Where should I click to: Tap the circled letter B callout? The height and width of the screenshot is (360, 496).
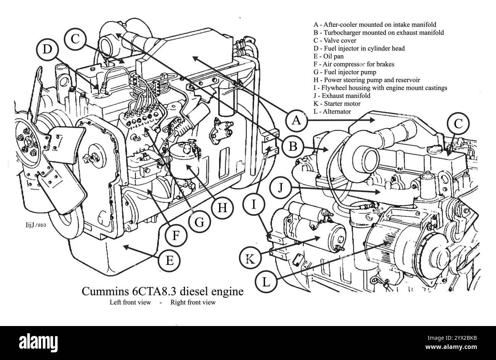coord(292,147)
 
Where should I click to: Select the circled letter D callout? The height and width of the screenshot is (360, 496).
coord(47,49)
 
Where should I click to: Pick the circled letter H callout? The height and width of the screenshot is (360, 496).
coord(222,208)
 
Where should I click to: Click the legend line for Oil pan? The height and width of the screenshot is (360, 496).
coord(328,57)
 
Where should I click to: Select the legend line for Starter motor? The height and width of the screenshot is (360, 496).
coord(337,103)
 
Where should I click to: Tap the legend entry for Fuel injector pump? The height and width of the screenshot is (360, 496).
coord(345,72)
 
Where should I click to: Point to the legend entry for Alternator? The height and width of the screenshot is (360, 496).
coord(332,111)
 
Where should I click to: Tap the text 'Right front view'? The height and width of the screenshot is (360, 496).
coord(193,303)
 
